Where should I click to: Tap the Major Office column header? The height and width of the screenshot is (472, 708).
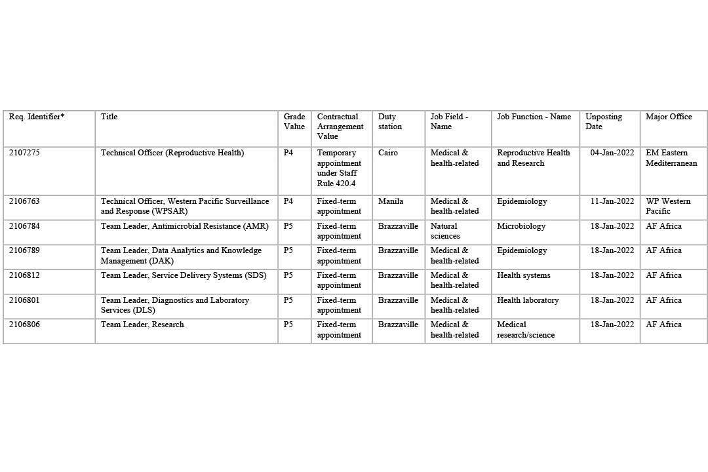point(669,117)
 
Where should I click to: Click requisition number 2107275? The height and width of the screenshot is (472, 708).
point(24,153)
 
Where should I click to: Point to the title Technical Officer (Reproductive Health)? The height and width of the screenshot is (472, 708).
point(172,153)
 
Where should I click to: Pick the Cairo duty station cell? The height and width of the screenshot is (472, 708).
point(388,153)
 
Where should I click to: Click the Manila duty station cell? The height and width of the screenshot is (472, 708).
point(391,201)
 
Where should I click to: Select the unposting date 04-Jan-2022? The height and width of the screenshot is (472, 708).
point(612,153)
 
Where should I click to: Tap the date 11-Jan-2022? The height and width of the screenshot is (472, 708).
point(612,201)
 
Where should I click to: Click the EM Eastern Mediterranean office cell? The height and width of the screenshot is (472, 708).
point(671,158)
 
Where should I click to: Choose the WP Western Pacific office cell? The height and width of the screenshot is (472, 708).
point(668,206)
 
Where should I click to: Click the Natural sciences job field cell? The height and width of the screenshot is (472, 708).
point(446,231)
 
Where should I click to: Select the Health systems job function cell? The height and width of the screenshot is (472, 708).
point(523,275)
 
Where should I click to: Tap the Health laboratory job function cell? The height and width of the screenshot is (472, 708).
point(528,300)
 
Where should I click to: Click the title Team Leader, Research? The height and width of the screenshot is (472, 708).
point(142,324)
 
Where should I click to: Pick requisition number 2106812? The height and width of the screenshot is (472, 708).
point(24,275)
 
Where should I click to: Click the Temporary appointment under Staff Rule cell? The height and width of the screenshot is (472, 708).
point(339,168)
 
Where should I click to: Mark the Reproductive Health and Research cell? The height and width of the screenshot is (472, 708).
point(533,158)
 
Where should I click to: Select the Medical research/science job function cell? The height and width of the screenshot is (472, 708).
point(525,330)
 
